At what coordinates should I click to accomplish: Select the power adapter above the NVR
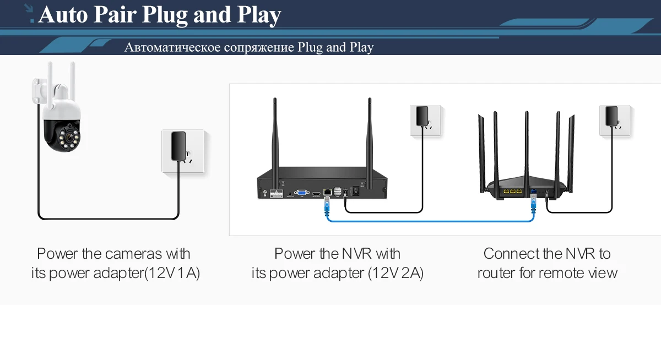pos(422,117)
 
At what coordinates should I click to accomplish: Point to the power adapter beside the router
pos(611,116)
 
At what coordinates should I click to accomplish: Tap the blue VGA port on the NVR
pos(301,193)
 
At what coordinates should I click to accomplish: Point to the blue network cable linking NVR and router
pos(430,221)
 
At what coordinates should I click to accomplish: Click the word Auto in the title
pos(62,15)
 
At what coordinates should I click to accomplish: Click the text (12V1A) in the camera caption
pos(172,273)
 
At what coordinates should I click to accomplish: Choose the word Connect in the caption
pos(511,254)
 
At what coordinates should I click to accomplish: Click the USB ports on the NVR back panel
pos(337,191)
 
